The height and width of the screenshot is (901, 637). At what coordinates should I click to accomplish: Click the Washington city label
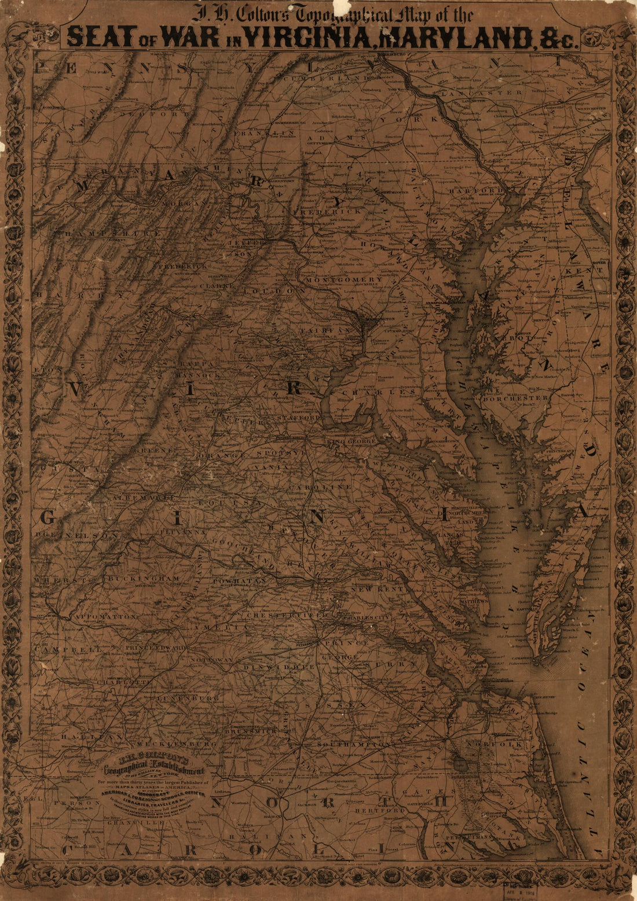click(x=379, y=319)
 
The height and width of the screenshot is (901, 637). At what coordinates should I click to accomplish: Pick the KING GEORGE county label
click(x=352, y=443)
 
